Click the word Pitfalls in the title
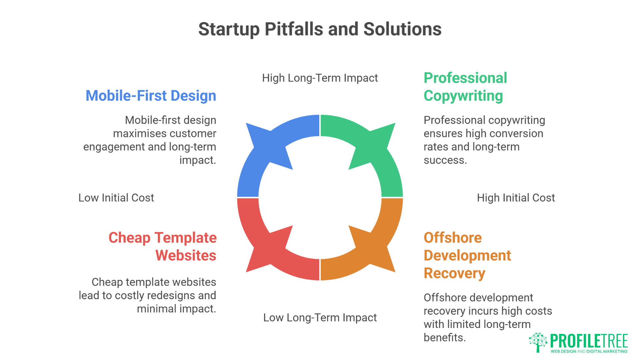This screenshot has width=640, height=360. [294, 29]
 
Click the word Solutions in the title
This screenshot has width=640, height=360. [402, 29]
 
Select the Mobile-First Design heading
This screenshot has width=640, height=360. [151, 96]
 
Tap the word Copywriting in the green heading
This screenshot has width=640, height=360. [463, 96]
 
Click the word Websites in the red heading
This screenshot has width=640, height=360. [186, 256]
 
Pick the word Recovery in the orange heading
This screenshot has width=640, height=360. [454, 273]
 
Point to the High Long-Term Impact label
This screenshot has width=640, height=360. [320, 78]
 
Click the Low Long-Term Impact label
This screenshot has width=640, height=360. [320, 318]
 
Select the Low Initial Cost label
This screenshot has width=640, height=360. [116, 198]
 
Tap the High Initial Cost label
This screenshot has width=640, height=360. [516, 198]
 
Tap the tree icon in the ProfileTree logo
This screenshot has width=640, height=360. [538, 342]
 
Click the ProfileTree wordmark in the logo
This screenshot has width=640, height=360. [589, 341]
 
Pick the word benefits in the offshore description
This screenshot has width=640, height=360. [444, 338]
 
